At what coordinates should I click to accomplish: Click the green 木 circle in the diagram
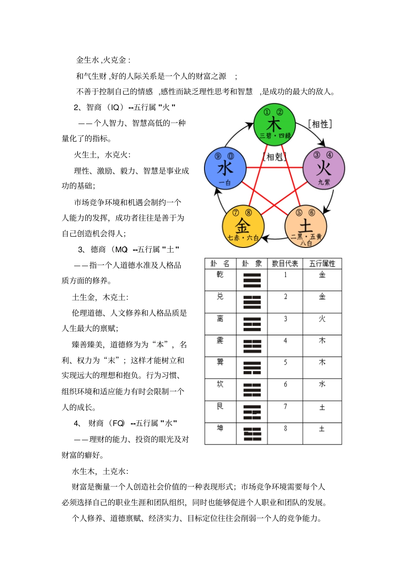pyautogui.click(x=274, y=125)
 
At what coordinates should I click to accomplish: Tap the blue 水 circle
pyautogui.click(x=225, y=168)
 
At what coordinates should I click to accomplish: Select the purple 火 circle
pyautogui.click(x=324, y=168)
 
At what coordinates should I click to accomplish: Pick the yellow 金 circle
pyautogui.click(x=243, y=226)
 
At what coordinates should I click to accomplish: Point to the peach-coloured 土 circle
pyautogui.click(x=306, y=226)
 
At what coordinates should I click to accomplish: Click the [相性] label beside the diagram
pyautogui.click(x=320, y=124)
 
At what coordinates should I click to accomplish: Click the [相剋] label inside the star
pyautogui.click(x=275, y=157)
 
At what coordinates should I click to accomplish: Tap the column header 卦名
pyautogui.click(x=220, y=263)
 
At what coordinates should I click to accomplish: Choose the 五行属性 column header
pyautogui.click(x=322, y=263)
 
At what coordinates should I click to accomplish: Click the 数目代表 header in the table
pyautogui.click(x=285, y=263)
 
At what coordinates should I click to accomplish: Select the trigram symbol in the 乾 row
pyautogui.click(x=252, y=280)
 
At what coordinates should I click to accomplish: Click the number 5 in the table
pyautogui.click(x=285, y=362)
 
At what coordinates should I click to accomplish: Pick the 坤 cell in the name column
pyautogui.click(x=220, y=428)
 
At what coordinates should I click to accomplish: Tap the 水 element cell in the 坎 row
pyautogui.click(x=322, y=384)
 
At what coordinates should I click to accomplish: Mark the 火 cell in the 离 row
pyautogui.click(x=322, y=318)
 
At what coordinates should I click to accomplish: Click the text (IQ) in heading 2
pyautogui.click(x=115, y=107)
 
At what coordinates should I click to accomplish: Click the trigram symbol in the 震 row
pyautogui.click(x=252, y=346)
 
